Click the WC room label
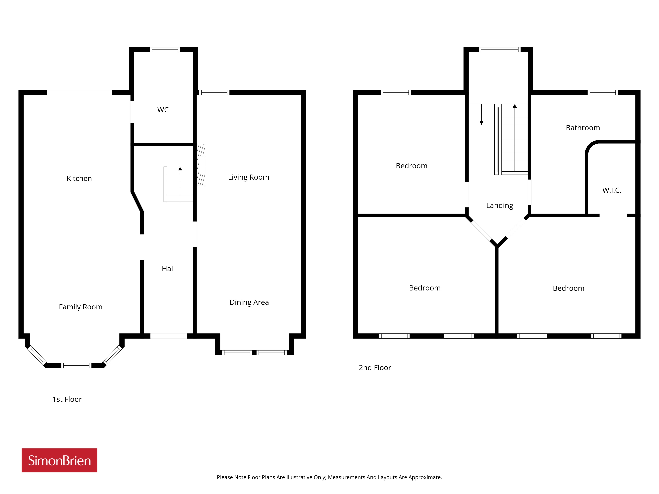tap(163, 110)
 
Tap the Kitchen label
tap(79, 178)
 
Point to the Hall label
tap(168, 269)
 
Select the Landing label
tap(500, 206)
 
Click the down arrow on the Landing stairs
tap(481, 123)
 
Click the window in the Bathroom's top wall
tap(602, 93)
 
